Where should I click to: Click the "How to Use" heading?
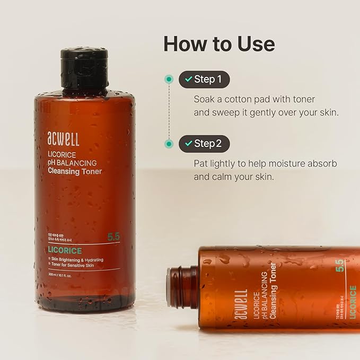[x=219, y=43]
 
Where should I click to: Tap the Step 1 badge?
[x=204, y=79]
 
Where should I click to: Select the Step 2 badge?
[x=204, y=144]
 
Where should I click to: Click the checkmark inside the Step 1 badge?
[x=188, y=80]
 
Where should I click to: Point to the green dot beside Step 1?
[x=169, y=79]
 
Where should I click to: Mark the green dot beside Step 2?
[x=169, y=144]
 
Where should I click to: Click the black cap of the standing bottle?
[x=84, y=68]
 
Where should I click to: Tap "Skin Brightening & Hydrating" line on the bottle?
[x=77, y=260]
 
